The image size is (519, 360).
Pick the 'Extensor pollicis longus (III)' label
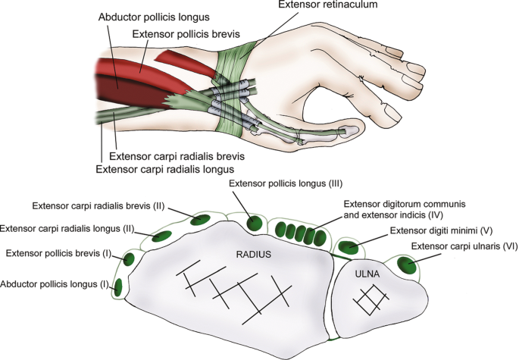(286, 185)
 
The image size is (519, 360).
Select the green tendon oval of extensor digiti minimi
(349, 248)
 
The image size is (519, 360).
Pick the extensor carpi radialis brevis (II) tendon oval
(200, 221)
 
